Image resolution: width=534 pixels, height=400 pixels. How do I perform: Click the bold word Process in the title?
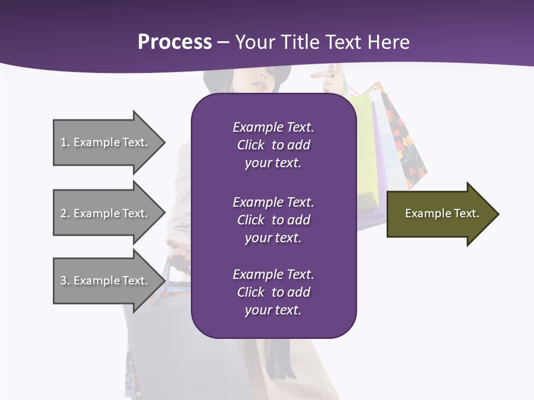point(175,42)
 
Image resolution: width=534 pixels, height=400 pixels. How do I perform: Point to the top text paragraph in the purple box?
point(273,145)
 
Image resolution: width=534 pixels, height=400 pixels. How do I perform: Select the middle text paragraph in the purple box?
point(273,220)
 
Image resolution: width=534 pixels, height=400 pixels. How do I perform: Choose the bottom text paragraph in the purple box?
point(273,292)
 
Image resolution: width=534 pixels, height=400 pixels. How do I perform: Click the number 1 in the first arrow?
point(63,142)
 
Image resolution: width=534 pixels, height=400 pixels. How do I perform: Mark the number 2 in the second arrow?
point(63,213)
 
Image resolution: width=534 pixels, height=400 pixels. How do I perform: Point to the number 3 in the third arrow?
point(63,281)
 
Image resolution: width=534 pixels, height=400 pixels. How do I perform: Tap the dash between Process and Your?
point(222,42)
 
